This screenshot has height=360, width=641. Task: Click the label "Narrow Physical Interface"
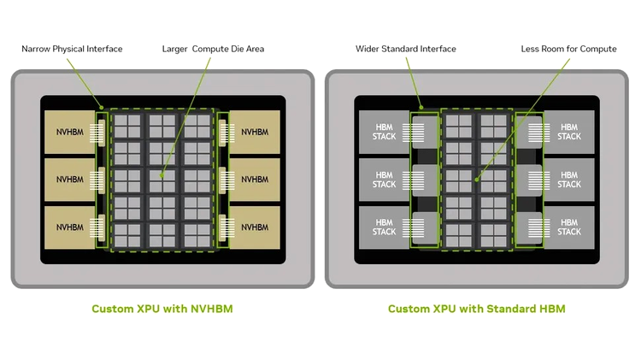click(72, 49)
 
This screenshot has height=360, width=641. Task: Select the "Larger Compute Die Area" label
click(213, 49)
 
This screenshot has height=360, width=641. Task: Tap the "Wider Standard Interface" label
click(405, 49)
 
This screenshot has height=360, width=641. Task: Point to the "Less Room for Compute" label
click(568, 49)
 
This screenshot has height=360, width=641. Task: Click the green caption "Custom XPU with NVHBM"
click(162, 309)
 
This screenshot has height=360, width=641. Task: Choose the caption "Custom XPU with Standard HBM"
click(477, 309)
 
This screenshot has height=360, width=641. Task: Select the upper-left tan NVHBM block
click(69, 133)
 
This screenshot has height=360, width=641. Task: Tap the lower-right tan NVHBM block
click(255, 227)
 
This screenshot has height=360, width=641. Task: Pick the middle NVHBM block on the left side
click(69, 180)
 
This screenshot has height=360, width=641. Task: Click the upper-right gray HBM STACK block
click(569, 133)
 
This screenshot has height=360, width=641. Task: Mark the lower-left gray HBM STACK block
click(385, 227)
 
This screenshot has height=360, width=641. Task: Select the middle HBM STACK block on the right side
click(569, 180)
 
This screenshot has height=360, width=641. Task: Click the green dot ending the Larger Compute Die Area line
click(162, 175)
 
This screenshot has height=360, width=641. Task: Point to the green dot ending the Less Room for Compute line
click(477, 180)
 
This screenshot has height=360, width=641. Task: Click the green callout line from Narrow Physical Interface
click(85, 84)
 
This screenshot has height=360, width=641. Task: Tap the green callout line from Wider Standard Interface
click(414, 83)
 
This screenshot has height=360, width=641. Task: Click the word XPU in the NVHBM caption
click(148, 309)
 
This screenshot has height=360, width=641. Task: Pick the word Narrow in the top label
click(36, 49)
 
